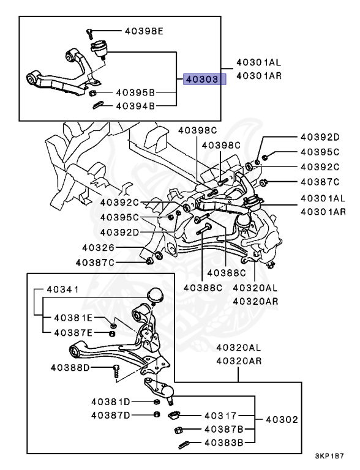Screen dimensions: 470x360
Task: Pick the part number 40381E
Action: [x=73, y=318]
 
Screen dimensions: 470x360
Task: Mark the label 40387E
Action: [x=73, y=332]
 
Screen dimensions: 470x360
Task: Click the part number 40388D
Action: [x=70, y=368]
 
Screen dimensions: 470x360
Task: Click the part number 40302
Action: [x=282, y=420]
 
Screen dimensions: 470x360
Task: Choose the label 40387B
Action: [x=223, y=429]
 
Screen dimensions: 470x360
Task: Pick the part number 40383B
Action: [x=223, y=442]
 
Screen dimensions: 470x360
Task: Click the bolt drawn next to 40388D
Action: [x=115, y=370]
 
